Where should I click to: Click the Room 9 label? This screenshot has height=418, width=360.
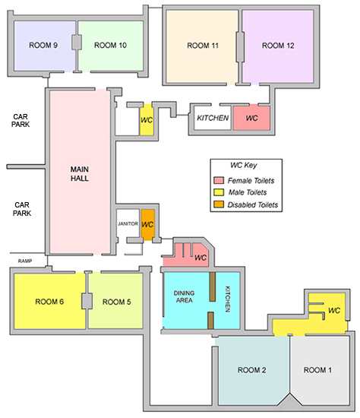coord(43,46)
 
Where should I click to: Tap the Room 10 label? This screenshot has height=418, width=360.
coord(110,46)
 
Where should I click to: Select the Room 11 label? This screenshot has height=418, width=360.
coord(203,46)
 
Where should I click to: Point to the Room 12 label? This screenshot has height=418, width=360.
coord(278,46)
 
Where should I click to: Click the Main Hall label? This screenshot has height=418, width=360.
coord(80,174)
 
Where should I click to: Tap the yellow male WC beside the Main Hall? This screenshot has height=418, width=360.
coord(147,119)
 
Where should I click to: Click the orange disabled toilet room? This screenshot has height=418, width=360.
coord(147,225)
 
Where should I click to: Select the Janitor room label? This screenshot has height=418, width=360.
coord(128,223)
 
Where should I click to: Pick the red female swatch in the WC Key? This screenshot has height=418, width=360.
coord(219,180)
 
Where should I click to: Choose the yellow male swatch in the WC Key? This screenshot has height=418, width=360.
coord(219,192)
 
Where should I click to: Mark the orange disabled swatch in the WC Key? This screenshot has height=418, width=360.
coord(219,204)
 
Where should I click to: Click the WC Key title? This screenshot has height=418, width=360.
coord(244,165)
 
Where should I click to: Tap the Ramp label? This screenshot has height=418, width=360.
coord(25,261)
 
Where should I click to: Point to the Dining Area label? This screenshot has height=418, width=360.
coord(184,296)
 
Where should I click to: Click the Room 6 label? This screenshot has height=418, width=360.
coord(49,302)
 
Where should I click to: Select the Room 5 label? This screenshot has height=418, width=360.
coord(117,302)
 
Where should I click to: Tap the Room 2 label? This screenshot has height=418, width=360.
coord(252,370)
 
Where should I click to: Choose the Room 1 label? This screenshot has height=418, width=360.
coord(317,370)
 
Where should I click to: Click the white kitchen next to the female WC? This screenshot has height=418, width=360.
coord(213,118)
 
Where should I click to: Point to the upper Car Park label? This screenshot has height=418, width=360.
coord(21,121)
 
